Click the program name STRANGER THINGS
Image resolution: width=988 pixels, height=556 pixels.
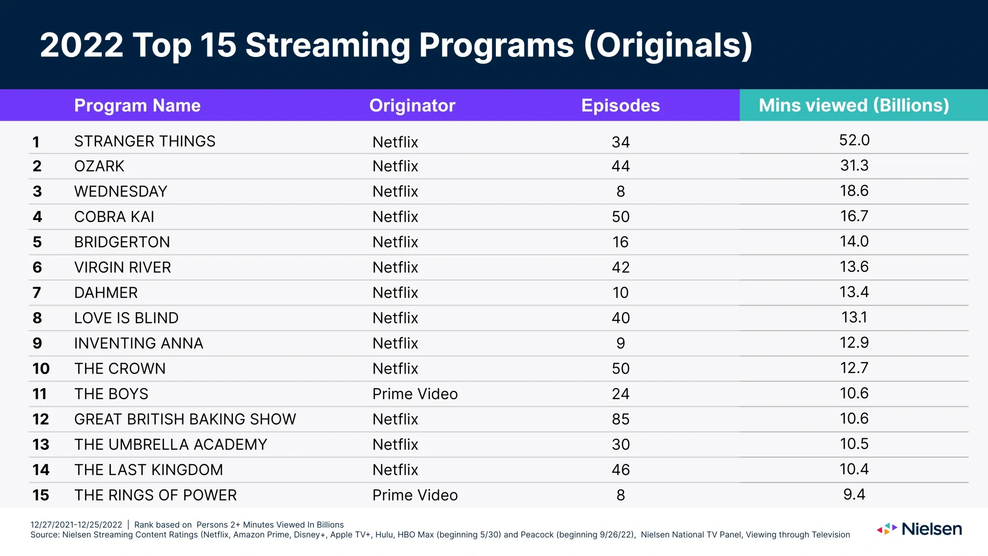pos(145,141)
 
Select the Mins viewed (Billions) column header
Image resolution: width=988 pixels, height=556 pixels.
pos(853,105)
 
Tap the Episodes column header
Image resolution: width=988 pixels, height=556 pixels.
pos(620,105)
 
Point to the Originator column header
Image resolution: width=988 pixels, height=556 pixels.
pos(412,105)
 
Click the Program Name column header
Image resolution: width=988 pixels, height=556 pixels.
pos(137,105)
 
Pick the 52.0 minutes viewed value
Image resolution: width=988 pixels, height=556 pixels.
pos(854,140)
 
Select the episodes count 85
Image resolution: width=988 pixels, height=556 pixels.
pos(620,419)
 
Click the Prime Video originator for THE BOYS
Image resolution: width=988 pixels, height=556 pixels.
pos(414,394)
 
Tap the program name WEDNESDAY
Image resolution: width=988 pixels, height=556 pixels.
pos(121,192)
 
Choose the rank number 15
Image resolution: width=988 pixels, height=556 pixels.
pos(41,495)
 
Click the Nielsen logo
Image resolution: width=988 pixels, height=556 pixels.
pos(919,529)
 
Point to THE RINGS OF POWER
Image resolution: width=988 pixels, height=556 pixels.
pos(155,495)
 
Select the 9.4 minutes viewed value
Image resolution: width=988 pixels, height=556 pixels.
pos(854,494)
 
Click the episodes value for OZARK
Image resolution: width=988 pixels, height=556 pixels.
pos(620,166)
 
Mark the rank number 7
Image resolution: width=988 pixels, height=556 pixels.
pos(37,292)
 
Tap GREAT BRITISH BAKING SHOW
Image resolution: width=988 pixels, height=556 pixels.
pos(185,419)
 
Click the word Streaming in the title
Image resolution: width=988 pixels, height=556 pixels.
pos(328,45)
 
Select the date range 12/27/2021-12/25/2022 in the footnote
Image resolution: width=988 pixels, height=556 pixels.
pos(76,525)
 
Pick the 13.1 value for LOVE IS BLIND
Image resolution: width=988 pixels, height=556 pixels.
pos(854,317)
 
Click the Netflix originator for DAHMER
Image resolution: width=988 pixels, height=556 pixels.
pos(395,292)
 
